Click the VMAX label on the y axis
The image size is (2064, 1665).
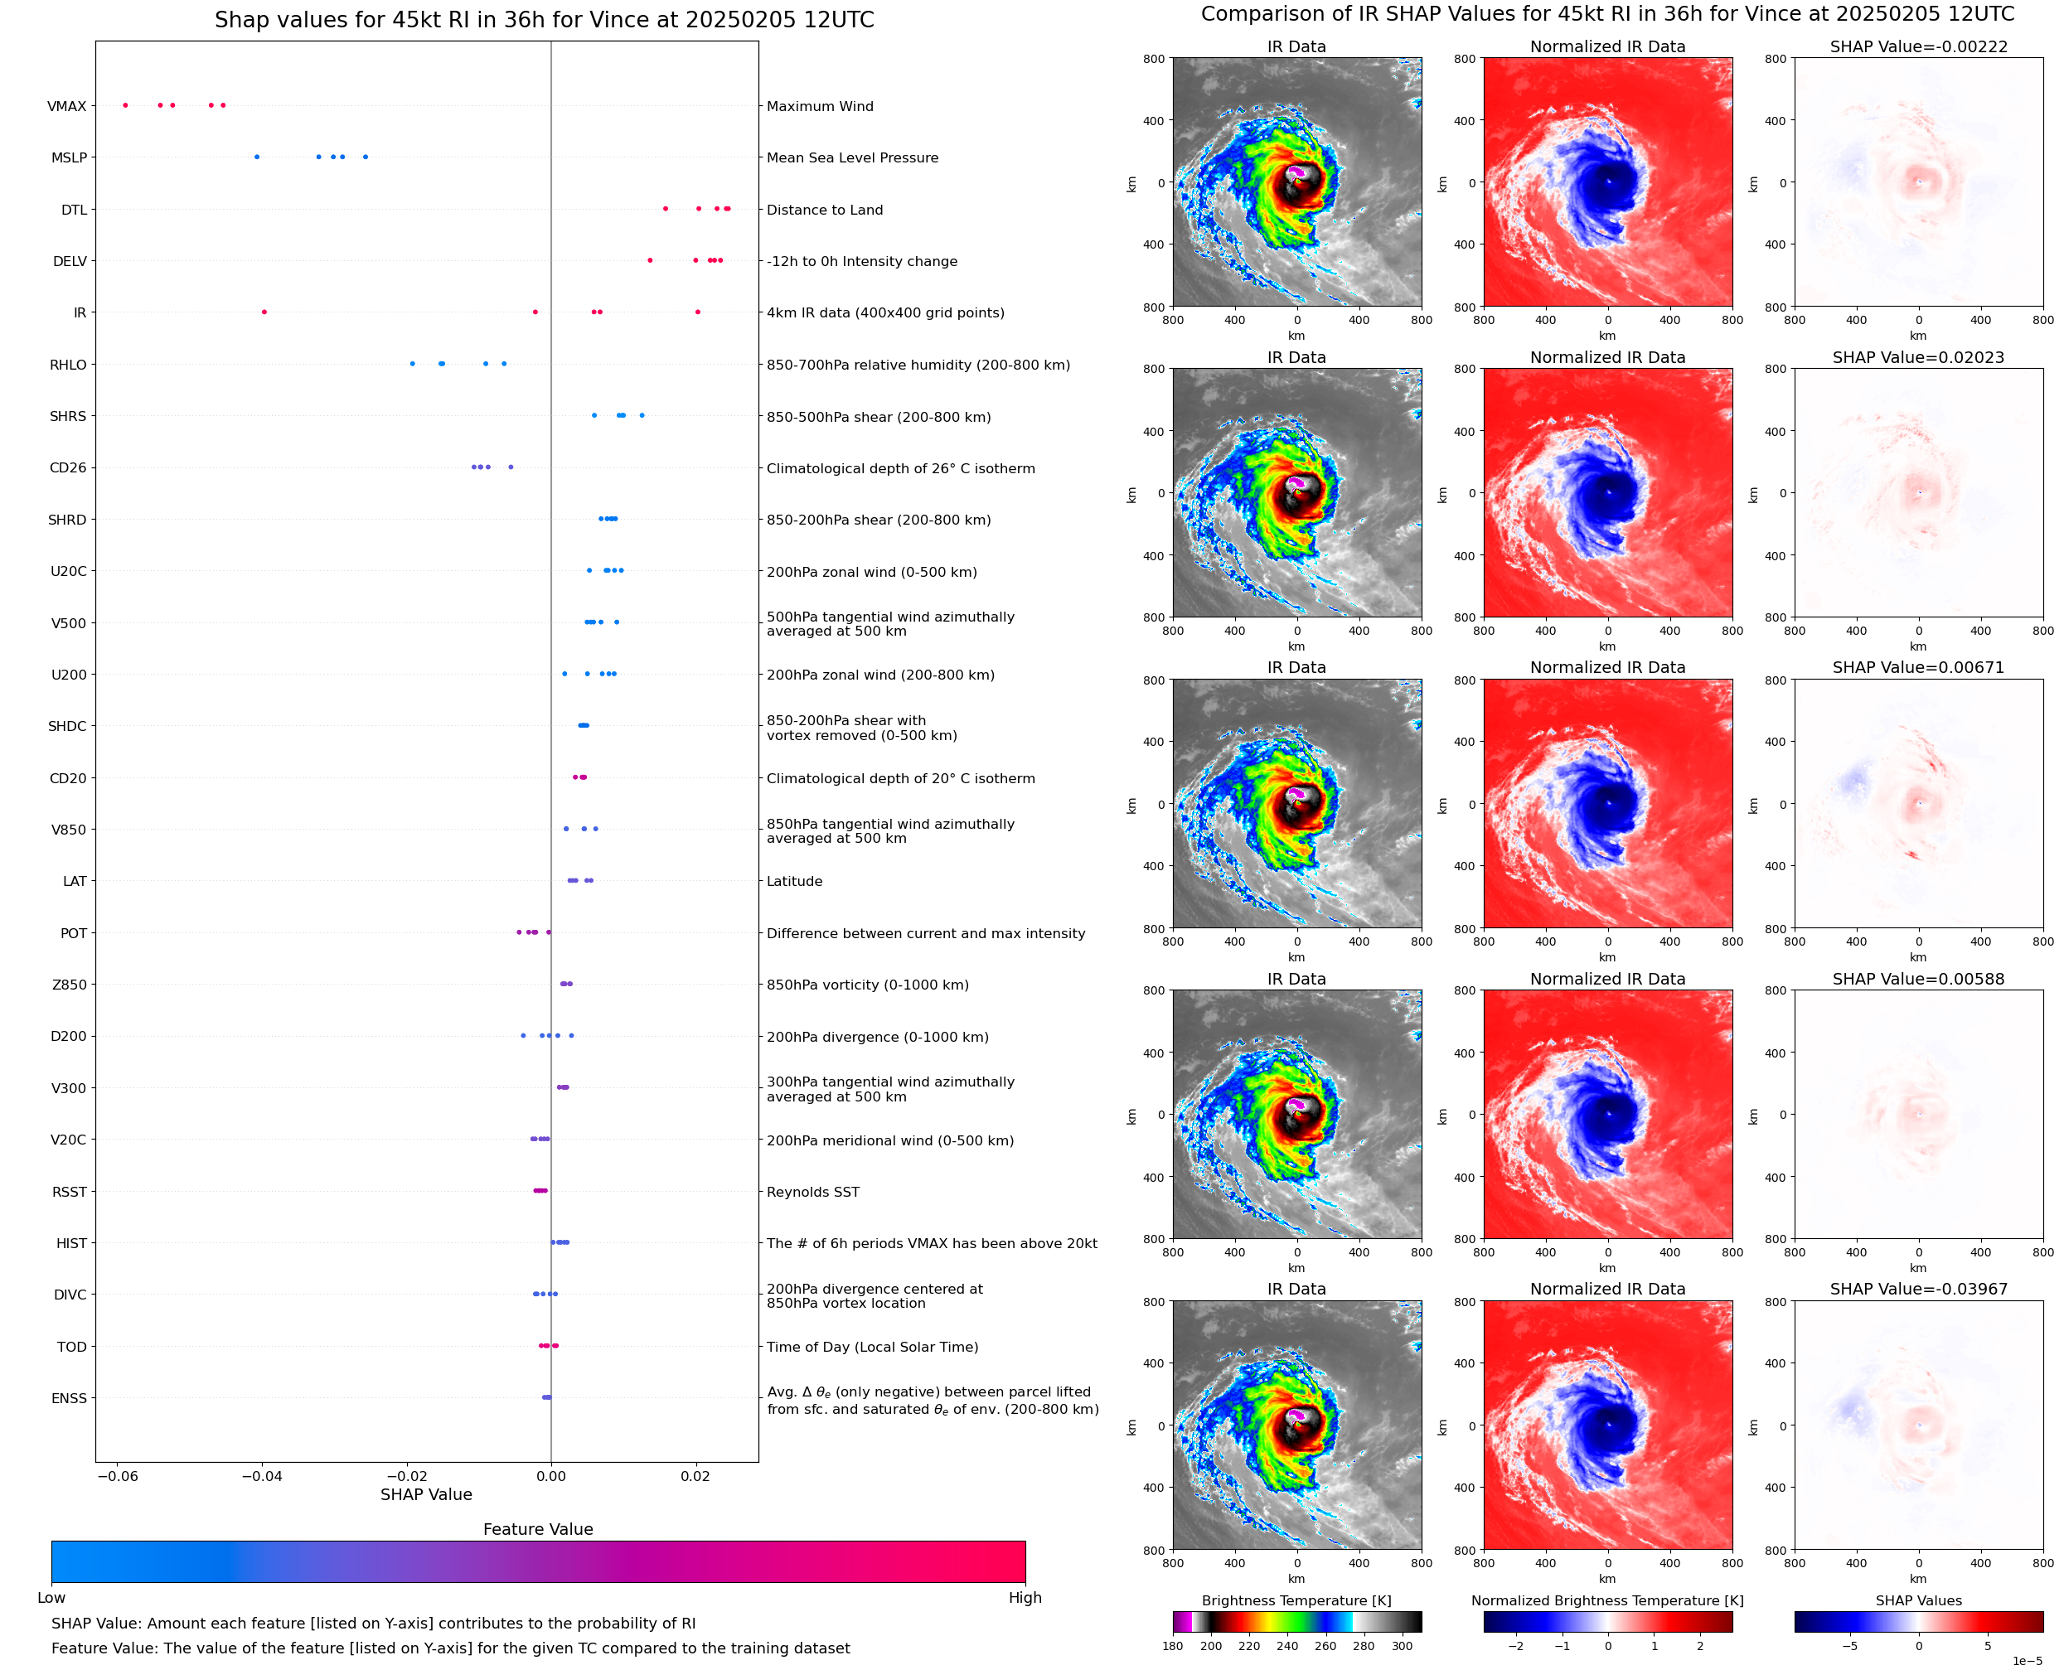pos(66,106)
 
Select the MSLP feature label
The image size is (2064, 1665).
pos(68,158)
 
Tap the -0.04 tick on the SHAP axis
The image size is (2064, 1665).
pos(261,1476)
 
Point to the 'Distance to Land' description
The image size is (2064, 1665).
pos(824,210)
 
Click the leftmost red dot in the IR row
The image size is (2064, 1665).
pos(264,312)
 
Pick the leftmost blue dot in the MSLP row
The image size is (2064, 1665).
pos(256,157)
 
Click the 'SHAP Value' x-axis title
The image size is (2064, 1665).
pos(426,1494)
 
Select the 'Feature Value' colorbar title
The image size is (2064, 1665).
pos(537,1529)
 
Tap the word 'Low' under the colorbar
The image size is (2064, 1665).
pos(51,1597)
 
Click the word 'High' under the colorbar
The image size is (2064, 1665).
pos(1025,1597)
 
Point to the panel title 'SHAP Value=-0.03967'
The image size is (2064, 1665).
pos(1917,1289)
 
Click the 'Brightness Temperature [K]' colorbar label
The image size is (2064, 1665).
pos(1296,1600)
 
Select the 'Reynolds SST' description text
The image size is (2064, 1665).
pos(812,1192)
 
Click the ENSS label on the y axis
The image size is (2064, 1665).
pos(69,1398)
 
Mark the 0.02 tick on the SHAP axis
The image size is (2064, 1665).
pos(695,1476)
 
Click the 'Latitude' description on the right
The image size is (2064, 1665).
pos(794,882)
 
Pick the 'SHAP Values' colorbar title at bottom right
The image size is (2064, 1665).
pos(1917,1600)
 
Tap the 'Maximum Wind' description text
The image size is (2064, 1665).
pos(819,106)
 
